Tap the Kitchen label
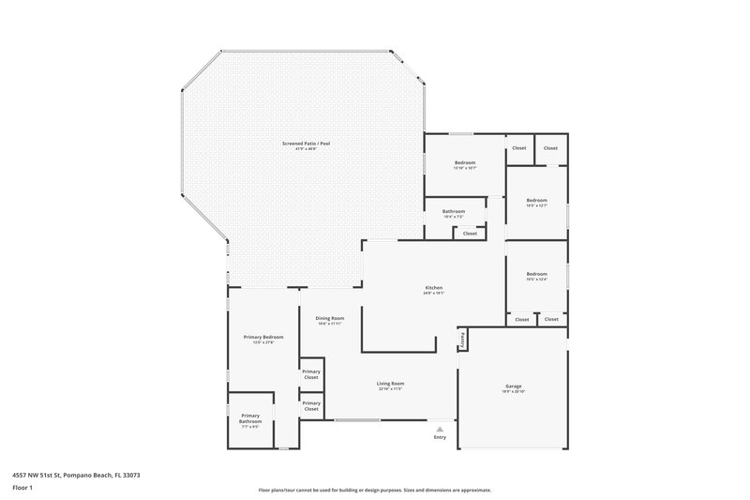click(x=433, y=288)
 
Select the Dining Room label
click(x=330, y=318)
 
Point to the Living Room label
click(x=391, y=383)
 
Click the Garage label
click(x=513, y=386)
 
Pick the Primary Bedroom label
click(x=263, y=337)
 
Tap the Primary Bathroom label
click(x=250, y=418)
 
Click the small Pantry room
click(x=462, y=338)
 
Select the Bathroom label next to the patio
click(x=454, y=211)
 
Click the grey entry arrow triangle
click(x=440, y=429)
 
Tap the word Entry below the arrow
click(x=440, y=438)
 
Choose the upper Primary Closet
click(x=311, y=374)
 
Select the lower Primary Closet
click(x=311, y=405)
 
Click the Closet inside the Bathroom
click(x=470, y=233)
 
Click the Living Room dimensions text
click(x=391, y=388)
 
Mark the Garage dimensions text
click(x=513, y=391)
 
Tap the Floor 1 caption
click(x=22, y=489)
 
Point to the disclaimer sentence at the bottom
click(x=375, y=490)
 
